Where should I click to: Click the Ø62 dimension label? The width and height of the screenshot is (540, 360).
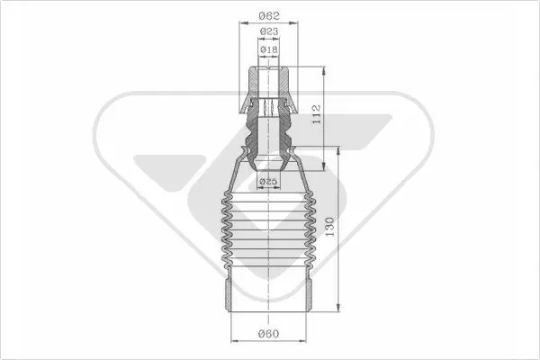(x=269, y=15)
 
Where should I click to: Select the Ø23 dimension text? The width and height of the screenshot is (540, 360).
(x=269, y=31)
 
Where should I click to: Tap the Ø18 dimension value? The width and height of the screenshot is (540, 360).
(x=269, y=49)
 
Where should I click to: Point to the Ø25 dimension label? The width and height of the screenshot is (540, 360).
(x=268, y=181)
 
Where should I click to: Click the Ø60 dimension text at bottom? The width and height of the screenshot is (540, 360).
(x=268, y=334)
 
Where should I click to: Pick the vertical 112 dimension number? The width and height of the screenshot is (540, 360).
(x=316, y=114)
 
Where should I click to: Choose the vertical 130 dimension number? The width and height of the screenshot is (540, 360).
(x=329, y=226)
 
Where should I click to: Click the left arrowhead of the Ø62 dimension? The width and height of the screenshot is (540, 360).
(x=244, y=23)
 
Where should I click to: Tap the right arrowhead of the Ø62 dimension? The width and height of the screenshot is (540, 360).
(x=293, y=23)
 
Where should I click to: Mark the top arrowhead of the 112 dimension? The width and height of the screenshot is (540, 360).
(x=324, y=71)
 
